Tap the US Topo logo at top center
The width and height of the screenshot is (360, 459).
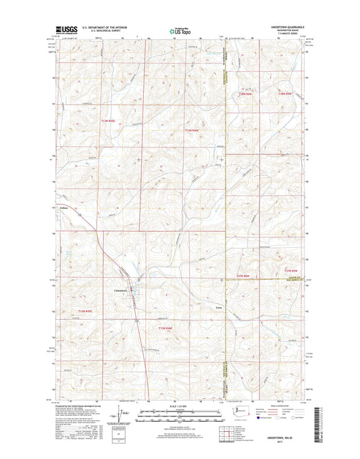pos(179,30)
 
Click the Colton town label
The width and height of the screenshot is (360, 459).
pos(65,208)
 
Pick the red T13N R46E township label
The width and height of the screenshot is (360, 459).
pos(194,130)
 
